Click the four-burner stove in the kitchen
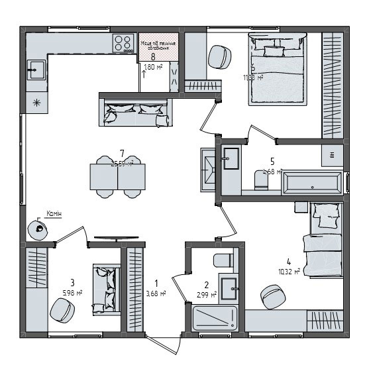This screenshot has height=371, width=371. point(123,44)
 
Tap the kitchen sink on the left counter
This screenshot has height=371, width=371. point(36,69)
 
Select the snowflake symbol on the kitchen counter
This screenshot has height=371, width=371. point(36,102)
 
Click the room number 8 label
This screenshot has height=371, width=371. point(153,57)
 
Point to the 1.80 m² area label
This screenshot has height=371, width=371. point(153,67)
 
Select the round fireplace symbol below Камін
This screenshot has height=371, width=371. point(39,229)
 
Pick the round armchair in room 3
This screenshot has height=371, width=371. point(61,309)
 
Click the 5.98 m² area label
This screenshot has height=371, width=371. point(72,292)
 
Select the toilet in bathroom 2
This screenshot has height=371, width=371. point(222,260)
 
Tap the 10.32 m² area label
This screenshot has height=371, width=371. point(290,270)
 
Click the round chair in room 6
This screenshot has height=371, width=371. point(219,57)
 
